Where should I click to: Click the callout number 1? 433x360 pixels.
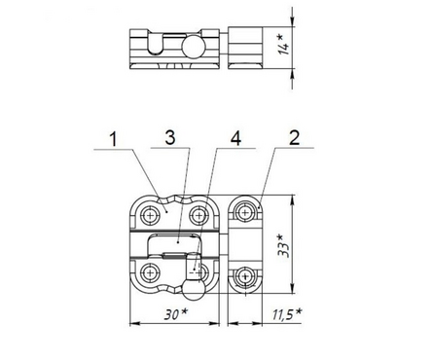point(114,140)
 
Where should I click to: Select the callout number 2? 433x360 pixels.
point(294,138)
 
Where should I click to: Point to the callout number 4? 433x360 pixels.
point(235,139)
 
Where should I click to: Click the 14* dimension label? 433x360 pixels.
point(283,45)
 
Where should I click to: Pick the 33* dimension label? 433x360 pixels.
point(283,245)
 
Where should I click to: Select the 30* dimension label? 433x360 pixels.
point(176,314)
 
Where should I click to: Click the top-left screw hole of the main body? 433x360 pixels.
point(150,215)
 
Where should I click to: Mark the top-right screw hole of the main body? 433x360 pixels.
point(198,215)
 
